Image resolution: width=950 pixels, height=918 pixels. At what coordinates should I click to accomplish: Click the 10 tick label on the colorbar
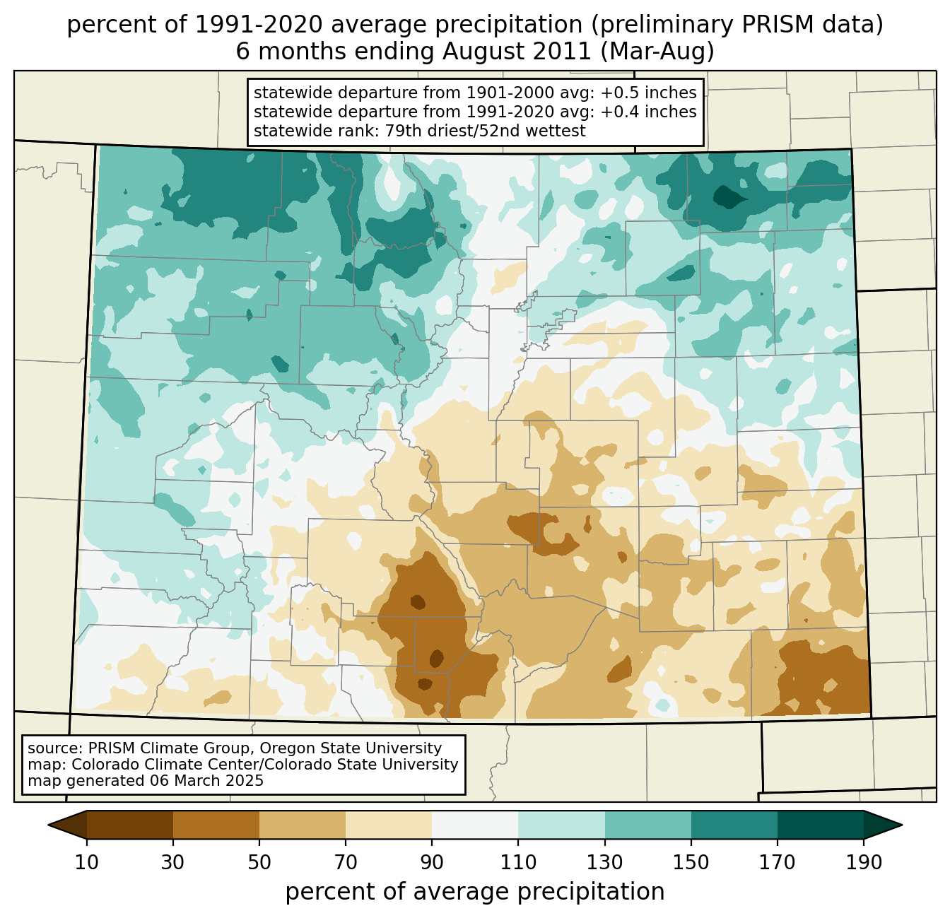(86, 863)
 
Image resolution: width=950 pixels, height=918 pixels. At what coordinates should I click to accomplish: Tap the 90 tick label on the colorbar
(432, 863)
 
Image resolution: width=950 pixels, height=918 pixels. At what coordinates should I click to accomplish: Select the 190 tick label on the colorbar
(864, 863)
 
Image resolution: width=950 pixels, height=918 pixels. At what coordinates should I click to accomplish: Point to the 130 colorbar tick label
(605, 863)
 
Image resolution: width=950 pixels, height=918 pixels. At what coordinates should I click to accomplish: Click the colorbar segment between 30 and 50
(216, 825)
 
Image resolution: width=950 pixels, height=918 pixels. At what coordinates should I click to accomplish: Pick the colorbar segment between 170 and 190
(821, 825)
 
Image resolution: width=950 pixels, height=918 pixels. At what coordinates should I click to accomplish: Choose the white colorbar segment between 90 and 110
(475, 825)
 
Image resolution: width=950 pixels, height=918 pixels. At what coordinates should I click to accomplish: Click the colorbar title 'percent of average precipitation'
(475, 892)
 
